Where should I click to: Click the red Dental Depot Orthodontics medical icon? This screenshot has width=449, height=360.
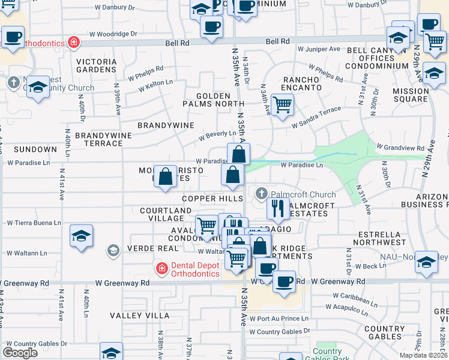161,268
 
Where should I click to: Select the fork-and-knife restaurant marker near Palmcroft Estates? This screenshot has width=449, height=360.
277,209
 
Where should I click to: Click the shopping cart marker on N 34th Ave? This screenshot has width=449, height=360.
282,104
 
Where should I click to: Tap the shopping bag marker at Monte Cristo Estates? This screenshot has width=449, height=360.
166,176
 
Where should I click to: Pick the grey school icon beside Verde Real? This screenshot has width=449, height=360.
113,250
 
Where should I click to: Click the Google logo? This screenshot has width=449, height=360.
20,353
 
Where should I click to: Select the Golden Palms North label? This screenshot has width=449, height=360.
213,100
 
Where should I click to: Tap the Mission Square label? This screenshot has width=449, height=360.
411,95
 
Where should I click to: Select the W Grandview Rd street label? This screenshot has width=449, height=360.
400,146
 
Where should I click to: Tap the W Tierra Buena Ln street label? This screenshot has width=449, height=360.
34,223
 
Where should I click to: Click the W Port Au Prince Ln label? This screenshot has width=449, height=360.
279,319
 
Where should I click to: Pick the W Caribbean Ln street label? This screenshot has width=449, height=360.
355,296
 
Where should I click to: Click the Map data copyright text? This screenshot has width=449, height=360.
423,355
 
